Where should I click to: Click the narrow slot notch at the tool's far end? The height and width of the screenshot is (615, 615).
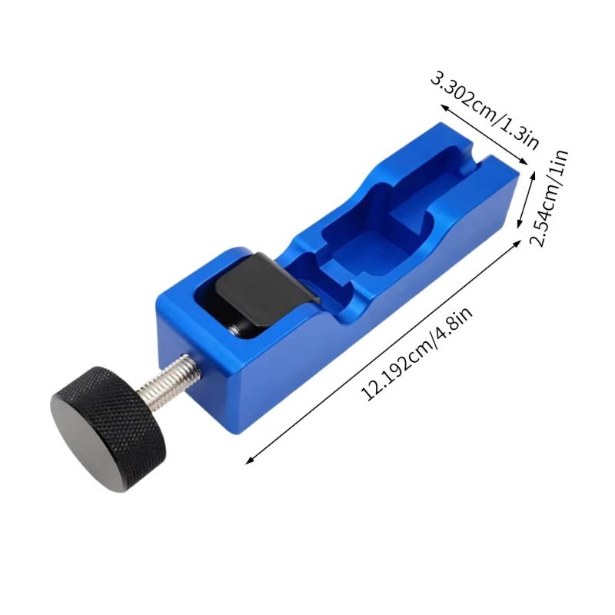481,154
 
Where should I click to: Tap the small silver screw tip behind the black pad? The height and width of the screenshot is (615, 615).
232,328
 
